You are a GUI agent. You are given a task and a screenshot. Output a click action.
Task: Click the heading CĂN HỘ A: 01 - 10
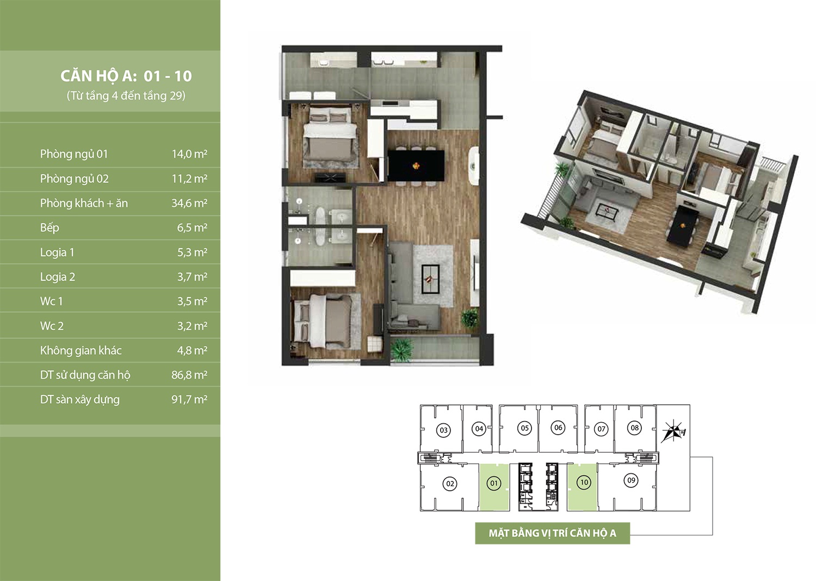[126, 76]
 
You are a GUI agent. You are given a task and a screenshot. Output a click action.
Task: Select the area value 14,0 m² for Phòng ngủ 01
[189, 154]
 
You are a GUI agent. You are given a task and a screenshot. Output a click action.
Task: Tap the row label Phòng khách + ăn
[84, 203]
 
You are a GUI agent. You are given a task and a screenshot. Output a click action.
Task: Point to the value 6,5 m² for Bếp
[192, 227]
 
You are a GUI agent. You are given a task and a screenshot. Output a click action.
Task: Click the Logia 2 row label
[58, 277]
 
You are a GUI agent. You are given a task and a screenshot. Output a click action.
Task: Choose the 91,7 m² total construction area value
[189, 400]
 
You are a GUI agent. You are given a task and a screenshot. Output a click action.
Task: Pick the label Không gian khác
[81, 350]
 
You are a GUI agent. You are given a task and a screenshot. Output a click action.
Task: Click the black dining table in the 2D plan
[416, 166]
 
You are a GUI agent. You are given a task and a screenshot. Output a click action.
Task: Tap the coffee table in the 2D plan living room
[430, 279]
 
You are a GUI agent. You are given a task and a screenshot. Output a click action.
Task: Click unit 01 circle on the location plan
[494, 484]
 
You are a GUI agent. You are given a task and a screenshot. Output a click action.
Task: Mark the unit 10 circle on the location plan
[584, 483]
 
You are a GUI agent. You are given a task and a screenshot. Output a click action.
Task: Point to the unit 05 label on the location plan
[524, 428]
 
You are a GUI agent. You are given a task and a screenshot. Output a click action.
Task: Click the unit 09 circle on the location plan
[631, 480]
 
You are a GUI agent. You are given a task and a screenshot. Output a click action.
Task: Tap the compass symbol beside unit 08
[673, 431]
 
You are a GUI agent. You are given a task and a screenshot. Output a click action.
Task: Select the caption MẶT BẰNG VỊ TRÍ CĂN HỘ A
[552, 533]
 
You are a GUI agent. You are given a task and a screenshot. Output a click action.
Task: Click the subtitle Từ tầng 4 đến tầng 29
[126, 96]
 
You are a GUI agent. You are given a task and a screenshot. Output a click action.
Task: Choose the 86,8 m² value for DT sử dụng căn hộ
[189, 375]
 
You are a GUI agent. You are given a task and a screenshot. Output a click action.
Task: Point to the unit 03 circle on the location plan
[443, 430]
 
